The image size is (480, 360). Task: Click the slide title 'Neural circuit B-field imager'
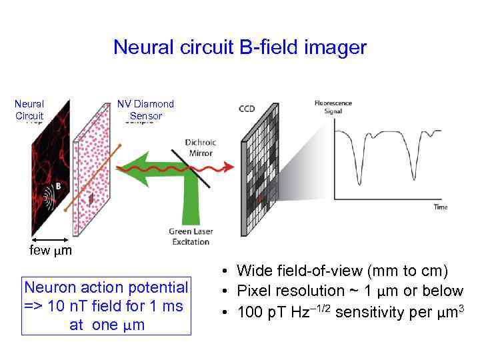point(240,47)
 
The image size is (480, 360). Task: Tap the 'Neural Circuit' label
point(29,109)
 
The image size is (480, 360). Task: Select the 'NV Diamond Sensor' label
point(145,109)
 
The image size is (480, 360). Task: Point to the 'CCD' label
point(246,109)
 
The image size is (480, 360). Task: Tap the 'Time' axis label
point(441,207)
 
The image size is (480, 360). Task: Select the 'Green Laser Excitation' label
point(190,237)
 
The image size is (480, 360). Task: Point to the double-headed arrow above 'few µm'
point(49,239)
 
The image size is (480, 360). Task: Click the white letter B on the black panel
point(58,187)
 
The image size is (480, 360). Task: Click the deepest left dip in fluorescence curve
point(359,181)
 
